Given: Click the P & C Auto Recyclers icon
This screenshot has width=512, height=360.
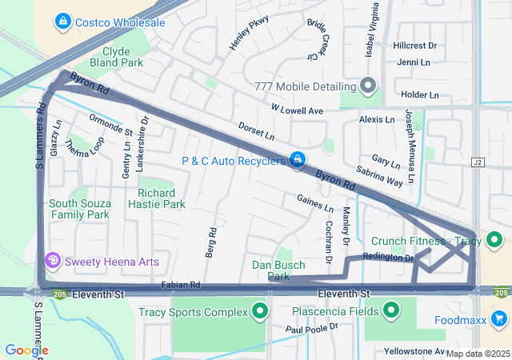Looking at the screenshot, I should [x=298, y=161].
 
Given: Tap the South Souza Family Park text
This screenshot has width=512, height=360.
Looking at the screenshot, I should [x=78, y=209].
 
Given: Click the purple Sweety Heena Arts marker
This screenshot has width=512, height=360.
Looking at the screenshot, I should [x=54, y=261].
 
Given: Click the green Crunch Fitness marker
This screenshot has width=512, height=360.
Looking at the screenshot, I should [x=494, y=240].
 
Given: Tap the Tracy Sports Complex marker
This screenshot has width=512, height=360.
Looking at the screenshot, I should [x=259, y=311].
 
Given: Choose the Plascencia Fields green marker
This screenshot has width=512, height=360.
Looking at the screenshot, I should [x=391, y=310].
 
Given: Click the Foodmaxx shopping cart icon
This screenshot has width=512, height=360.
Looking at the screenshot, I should [x=498, y=320].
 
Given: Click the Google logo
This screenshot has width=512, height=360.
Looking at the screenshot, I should [x=26, y=350].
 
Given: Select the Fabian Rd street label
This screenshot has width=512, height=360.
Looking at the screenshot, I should [x=180, y=284].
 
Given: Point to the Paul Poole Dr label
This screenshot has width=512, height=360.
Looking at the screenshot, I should [x=313, y=328].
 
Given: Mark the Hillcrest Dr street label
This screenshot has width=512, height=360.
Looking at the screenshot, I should [x=415, y=46].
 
